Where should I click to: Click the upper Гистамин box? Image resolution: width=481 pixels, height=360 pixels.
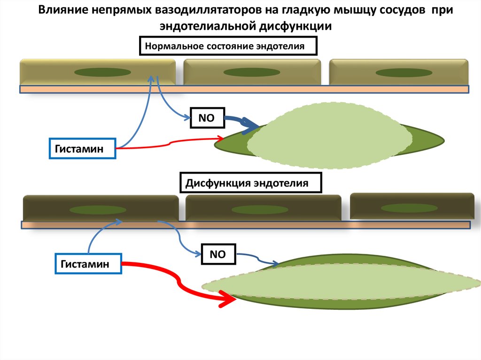[x=82, y=148]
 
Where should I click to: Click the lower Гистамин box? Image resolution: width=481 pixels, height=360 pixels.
[x=88, y=264]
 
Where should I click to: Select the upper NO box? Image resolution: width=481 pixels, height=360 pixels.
[x=206, y=118]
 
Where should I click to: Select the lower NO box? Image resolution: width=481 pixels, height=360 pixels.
[x=217, y=254]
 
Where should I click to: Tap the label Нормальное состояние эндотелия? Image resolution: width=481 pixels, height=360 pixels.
[x=228, y=46]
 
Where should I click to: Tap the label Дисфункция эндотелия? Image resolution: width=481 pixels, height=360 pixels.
[x=251, y=183]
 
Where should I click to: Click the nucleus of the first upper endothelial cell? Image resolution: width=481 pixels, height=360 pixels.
[x=103, y=72]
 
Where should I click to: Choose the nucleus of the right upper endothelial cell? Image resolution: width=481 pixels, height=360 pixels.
[x=403, y=73]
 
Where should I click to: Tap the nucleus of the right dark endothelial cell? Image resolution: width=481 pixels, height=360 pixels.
[x=403, y=207]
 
